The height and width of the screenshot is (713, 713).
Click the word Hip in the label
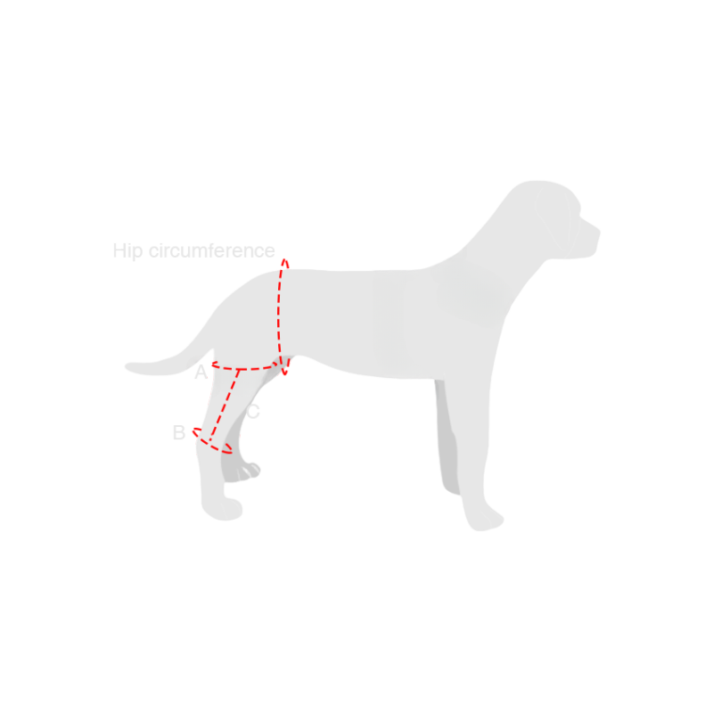pyautogui.click(x=127, y=251)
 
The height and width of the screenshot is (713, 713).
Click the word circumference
pyautogui.click(x=212, y=250)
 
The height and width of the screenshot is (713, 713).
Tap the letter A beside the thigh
pyautogui.click(x=201, y=372)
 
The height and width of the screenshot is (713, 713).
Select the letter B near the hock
pyautogui.click(x=179, y=432)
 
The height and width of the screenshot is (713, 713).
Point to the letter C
pyautogui.click(x=253, y=412)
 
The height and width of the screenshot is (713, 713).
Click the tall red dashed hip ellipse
pyautogui.click(x=279, y=317)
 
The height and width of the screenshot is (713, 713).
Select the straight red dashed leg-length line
pyautogui.click(x=225, y=405)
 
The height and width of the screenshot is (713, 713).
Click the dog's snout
pyautogui.click(x=589, y=236)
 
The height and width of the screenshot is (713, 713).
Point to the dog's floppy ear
pyautogui.click(x=552, y=218)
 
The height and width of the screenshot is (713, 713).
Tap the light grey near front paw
pyautogui.click(x=485, y=520)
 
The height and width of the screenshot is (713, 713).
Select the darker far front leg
pyautogui.click(x=447, y=437)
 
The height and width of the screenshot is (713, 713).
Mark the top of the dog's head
pyautogui.click(x=539, y=182)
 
